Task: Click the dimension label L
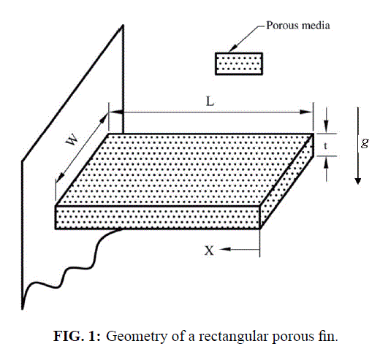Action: (210, 102)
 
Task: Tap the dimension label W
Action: (72, 140)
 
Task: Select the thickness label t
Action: (325, 145)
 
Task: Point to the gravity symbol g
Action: (365, 143)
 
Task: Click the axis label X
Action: (209, 250)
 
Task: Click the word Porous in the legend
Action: (282, 26)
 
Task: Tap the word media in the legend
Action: (316, 26)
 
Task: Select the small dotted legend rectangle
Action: (239, 64)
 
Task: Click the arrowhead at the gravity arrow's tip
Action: (357, 181)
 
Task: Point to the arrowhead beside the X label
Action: (225, 249)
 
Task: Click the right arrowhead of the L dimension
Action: (306, 112)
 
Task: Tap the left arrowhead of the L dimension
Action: (116, 112)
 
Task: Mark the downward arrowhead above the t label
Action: (327, 126)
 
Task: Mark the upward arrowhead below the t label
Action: (327, 162)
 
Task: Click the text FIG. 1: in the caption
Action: (77, 336)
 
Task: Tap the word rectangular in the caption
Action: (234, 337)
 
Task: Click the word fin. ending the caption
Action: (328, 336)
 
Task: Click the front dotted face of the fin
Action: (158, 218)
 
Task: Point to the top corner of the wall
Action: (123, 25)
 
